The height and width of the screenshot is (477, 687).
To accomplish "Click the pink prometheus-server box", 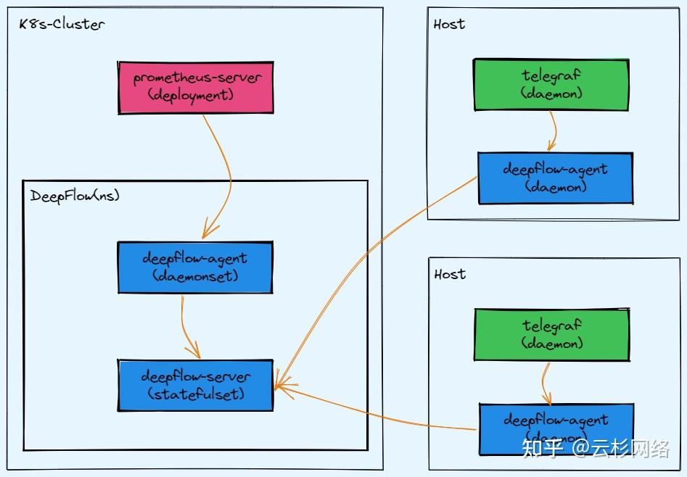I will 196,87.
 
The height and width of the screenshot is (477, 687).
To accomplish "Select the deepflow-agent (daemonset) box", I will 194,267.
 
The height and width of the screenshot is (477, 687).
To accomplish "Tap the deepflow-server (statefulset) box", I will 195,385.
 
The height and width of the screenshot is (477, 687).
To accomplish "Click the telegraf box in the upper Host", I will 551,85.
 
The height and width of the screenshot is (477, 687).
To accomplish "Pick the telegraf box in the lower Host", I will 551,334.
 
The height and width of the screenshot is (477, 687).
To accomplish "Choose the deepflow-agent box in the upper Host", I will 555,178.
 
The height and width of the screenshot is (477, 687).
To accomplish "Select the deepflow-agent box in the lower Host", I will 556,429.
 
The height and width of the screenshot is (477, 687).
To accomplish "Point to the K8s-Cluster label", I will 62,24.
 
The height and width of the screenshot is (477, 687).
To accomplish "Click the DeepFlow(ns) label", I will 75,196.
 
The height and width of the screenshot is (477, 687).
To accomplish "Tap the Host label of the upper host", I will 449,24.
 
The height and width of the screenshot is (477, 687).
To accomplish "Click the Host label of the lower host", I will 450,274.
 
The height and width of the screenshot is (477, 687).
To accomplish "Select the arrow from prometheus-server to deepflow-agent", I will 228,174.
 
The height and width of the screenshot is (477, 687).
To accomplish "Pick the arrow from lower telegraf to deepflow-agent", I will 545,383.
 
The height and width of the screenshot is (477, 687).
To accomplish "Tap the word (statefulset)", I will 196,394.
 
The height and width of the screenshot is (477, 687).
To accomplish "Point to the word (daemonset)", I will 195,276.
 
